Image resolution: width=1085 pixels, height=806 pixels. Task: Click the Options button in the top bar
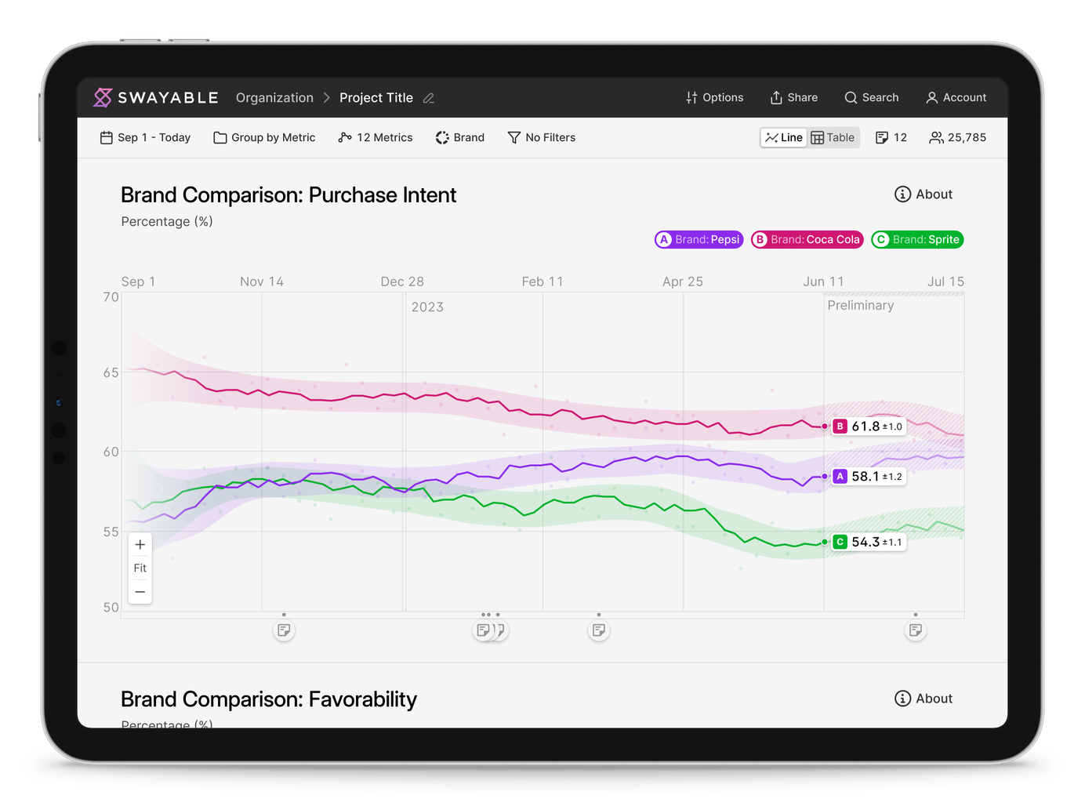click(714, 98)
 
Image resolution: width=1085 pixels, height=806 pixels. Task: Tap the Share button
click(793, 98)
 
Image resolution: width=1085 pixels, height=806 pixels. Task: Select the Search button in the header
click(871, 98)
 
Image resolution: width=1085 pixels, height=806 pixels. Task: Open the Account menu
click(956, 98)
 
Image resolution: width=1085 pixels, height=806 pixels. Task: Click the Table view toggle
click(833, 138)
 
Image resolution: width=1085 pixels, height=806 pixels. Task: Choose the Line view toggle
click(784, 138)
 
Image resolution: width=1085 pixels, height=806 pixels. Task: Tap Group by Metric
click(264, 138)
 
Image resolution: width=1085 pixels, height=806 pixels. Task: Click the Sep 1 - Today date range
click(145, 138)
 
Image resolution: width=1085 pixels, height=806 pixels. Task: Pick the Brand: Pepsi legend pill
click(699, 240)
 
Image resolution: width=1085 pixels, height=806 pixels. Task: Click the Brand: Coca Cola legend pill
click(807, 240)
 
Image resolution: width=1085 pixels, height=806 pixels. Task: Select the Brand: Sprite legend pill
click(917, 240)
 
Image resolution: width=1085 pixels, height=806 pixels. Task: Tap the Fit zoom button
click(140, 568)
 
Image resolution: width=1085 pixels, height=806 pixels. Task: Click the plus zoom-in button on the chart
click(140, 545)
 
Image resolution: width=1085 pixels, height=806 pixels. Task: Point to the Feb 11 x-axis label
click(542, 282)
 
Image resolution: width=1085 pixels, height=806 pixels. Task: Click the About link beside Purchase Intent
click(924, 194)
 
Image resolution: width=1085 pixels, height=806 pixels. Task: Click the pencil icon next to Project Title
click(429, 98)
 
